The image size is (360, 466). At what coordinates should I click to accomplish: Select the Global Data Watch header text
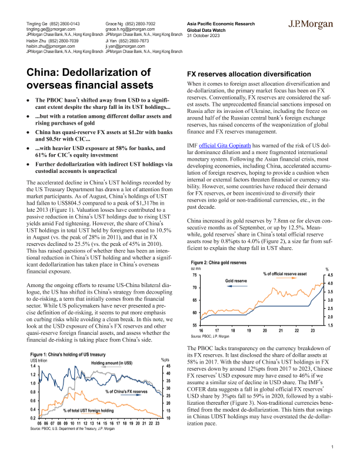click(206, 30)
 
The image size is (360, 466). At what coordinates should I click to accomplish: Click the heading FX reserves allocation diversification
click(249, 75)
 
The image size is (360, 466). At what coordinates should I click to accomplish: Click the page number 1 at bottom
click(332, 447)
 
